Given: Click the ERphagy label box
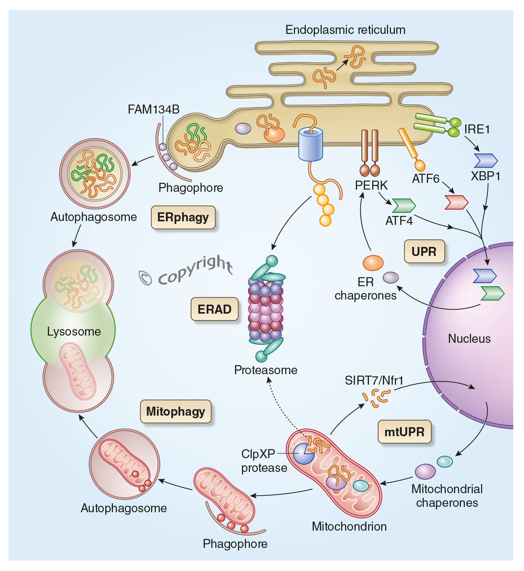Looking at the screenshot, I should pos(183,217).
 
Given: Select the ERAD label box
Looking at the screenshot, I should pos(214,309).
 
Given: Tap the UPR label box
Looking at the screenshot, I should pos(424,251).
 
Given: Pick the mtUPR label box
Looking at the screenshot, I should pos(404,431).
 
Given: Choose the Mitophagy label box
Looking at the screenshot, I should pos(176,411).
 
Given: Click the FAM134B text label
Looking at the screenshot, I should pos(154,109).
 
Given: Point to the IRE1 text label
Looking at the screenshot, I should pos(477,129).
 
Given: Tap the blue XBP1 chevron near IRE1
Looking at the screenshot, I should pos(485,160).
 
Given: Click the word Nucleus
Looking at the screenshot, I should pos(469,338).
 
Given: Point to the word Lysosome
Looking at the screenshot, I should pos(74,331).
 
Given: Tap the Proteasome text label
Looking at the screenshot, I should pos(266,370).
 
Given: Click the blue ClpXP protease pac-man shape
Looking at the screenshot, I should pos(303,453).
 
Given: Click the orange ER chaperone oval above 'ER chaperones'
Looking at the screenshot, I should pos(373,263).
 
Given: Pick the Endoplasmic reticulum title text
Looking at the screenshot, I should pos(345,30).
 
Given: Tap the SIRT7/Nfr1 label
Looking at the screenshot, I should pos(374,380).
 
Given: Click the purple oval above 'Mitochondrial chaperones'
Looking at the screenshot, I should pos(425,471).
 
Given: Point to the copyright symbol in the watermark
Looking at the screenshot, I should pos(146,278).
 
